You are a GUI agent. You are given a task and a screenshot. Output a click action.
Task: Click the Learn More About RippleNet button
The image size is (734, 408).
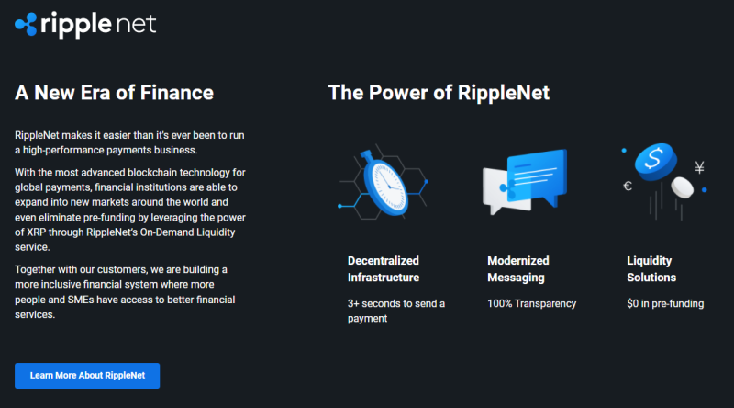tap(87, 376)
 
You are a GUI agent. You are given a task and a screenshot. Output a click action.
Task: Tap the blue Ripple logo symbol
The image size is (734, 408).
tap(26, 25)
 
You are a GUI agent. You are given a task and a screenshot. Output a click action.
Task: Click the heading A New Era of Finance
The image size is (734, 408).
tap(114, 93)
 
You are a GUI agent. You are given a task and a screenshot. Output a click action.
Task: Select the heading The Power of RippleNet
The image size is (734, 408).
tap(439, 93)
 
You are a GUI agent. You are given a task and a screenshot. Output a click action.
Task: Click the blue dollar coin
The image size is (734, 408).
tap(655, 161)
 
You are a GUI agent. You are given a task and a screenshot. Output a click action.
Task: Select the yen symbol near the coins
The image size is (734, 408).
tap(699, 167)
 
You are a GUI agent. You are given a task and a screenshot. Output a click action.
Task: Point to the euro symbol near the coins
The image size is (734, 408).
tap(628, 187)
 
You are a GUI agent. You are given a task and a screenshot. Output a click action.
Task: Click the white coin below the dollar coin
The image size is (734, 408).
tap(682, 187)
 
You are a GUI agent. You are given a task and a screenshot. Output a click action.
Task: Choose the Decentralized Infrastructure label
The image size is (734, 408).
tap(384, 269)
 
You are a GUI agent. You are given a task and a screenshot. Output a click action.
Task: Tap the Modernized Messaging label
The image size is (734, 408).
tap(518, 269)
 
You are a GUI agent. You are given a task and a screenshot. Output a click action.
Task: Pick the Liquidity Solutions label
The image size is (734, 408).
tap(651, 269)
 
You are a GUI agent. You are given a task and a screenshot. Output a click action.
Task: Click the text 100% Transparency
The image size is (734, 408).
tap(532, 303)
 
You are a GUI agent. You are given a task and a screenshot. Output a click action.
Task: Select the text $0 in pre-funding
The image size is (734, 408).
tap(665, 303)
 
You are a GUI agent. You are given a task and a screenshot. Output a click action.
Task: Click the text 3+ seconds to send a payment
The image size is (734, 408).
tap(396, 311)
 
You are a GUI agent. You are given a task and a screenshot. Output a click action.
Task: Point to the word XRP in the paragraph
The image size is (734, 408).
tap(36, 232)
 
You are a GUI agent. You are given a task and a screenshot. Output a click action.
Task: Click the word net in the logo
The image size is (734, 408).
tap(135, 25)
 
